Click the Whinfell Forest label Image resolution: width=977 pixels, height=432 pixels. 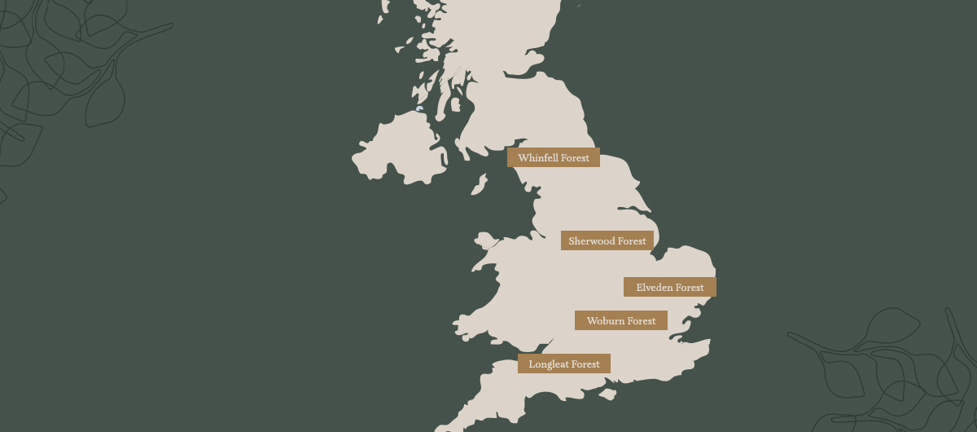[554, 157]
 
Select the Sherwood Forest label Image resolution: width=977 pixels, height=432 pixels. [607, 240]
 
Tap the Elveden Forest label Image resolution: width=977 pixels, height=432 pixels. [669, 287]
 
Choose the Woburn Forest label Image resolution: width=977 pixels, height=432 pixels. [620, 320]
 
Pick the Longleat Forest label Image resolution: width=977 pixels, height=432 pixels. [563, 364]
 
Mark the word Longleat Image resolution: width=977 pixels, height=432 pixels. [548, 364]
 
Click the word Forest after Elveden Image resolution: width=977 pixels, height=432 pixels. [689, 287]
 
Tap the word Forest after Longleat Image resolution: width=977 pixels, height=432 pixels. [585, 364]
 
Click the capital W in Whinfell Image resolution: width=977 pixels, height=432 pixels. [523, 157]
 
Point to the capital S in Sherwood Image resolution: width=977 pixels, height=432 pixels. [572, 240]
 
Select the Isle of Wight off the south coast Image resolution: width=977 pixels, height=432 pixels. [607, 395]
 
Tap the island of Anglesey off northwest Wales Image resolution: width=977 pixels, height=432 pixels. [486, 240]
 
